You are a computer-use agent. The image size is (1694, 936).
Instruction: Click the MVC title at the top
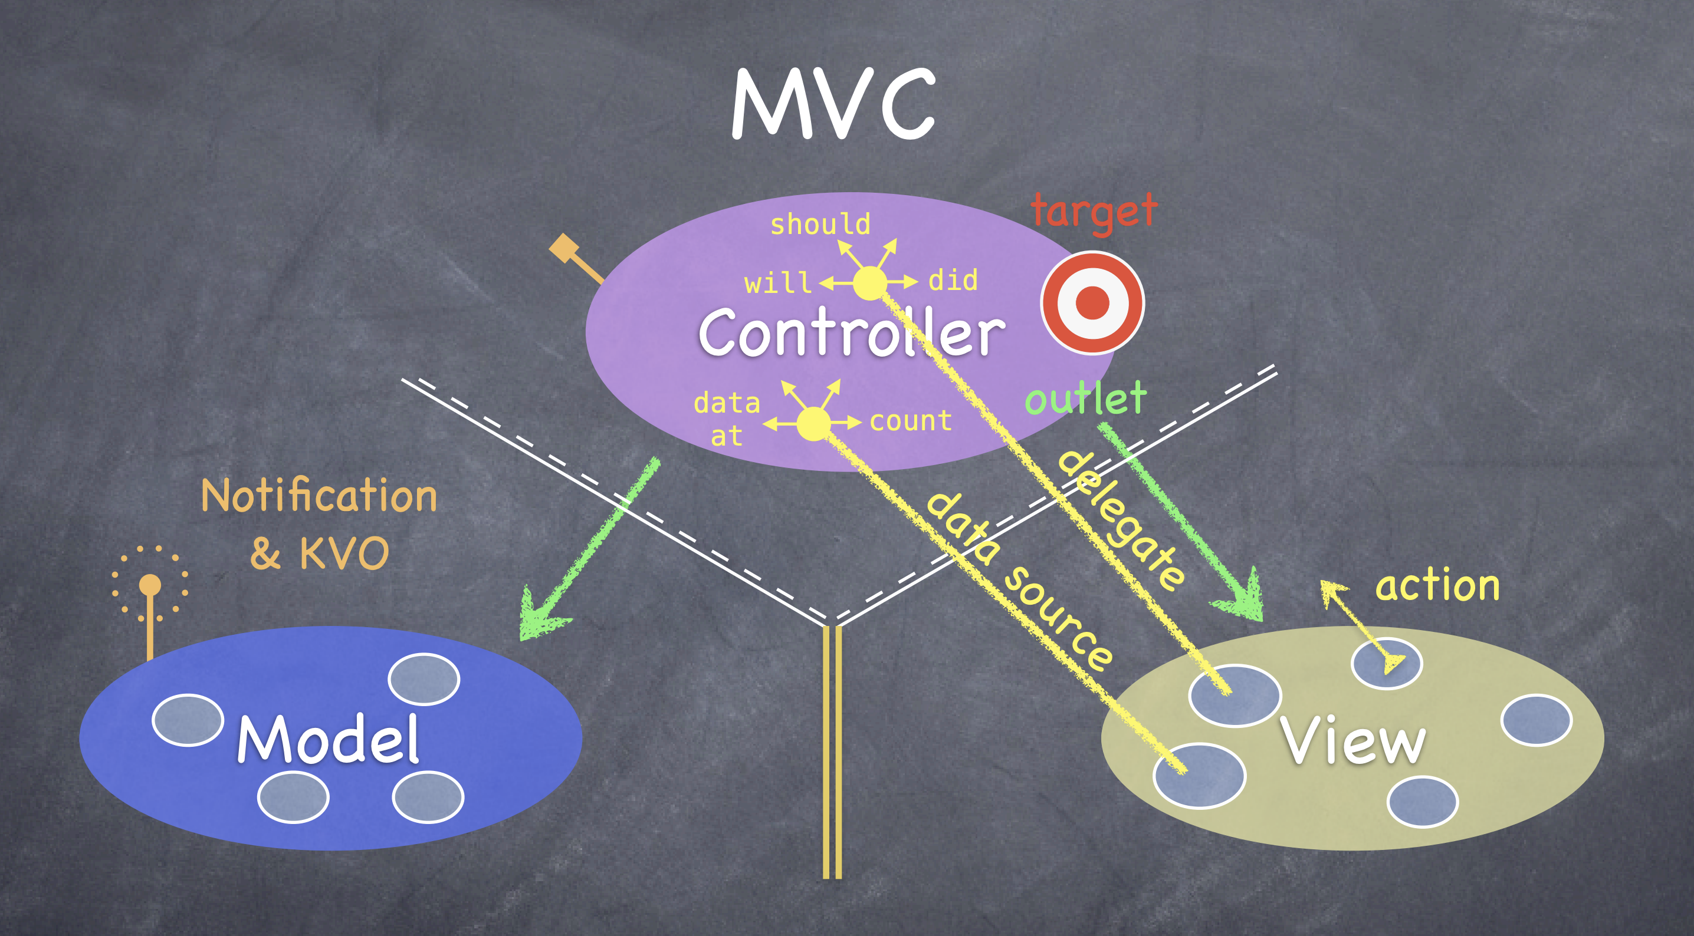pos(834,104)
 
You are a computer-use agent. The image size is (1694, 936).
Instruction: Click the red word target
pos(1094,212)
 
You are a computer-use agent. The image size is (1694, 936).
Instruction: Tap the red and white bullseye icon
pos(1092,303)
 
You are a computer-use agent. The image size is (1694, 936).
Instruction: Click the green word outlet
pos(1086,398)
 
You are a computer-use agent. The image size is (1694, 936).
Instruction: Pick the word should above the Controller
pos(820,225)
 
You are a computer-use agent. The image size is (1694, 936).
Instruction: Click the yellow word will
pos(777,284)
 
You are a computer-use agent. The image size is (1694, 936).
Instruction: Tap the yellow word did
pos(953,281)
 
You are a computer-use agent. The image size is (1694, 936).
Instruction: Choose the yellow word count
pos(911,421)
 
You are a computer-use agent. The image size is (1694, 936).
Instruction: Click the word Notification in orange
pos(319,496)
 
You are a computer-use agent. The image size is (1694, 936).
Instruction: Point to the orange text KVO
pos(344,553)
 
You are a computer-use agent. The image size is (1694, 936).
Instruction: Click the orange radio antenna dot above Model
pos(150,584)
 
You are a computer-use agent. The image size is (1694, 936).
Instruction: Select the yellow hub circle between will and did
pos(870,284)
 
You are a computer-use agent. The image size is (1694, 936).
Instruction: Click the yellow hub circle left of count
pos(814,424)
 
